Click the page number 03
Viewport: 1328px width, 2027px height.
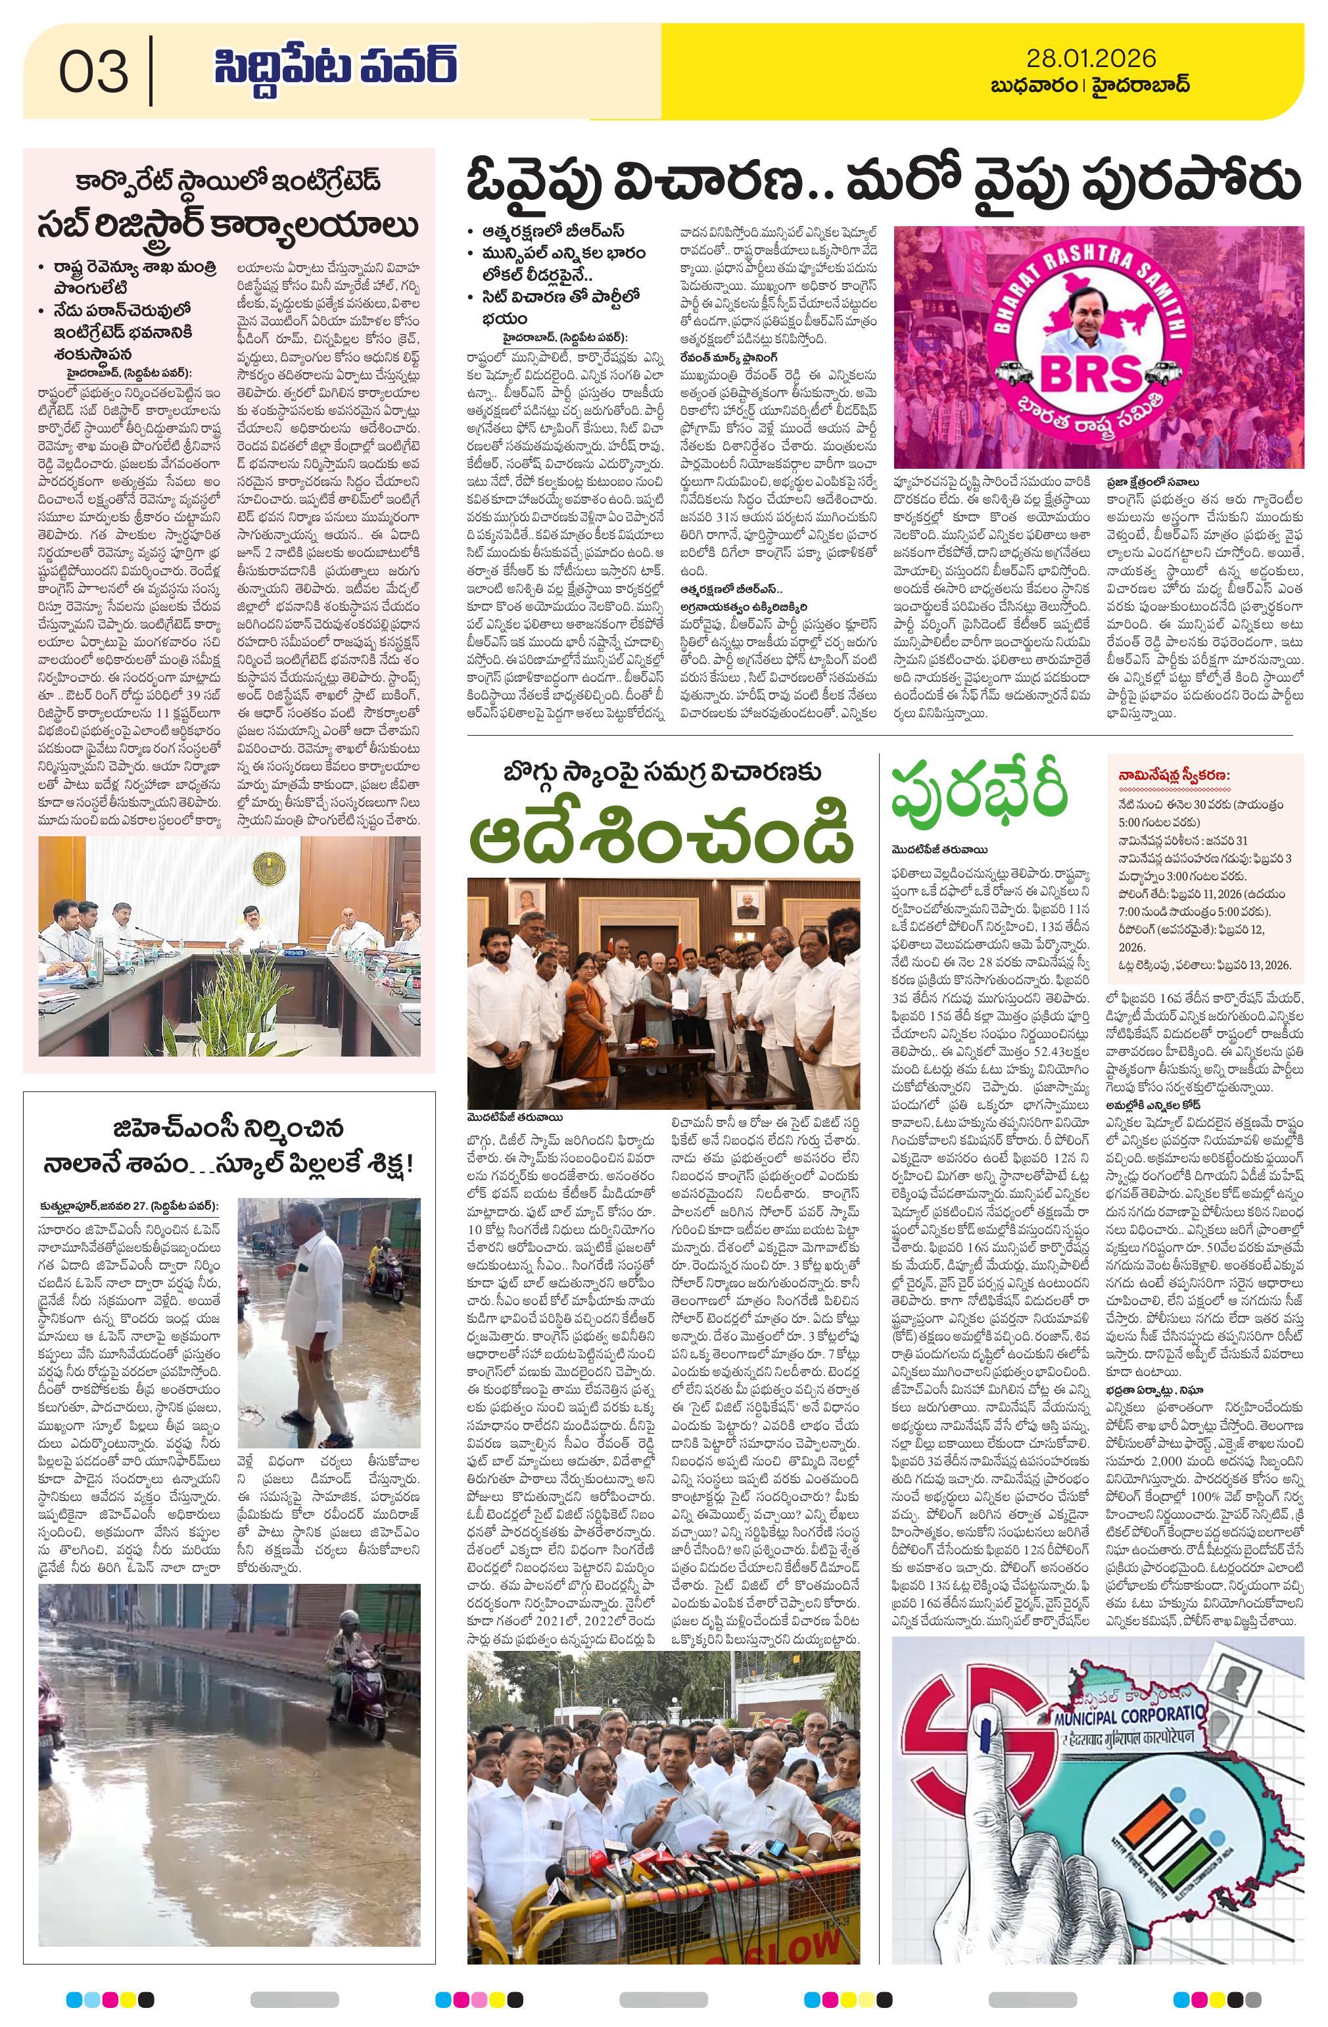94,72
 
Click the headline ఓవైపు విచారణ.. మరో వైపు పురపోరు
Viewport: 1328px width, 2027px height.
884,182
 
